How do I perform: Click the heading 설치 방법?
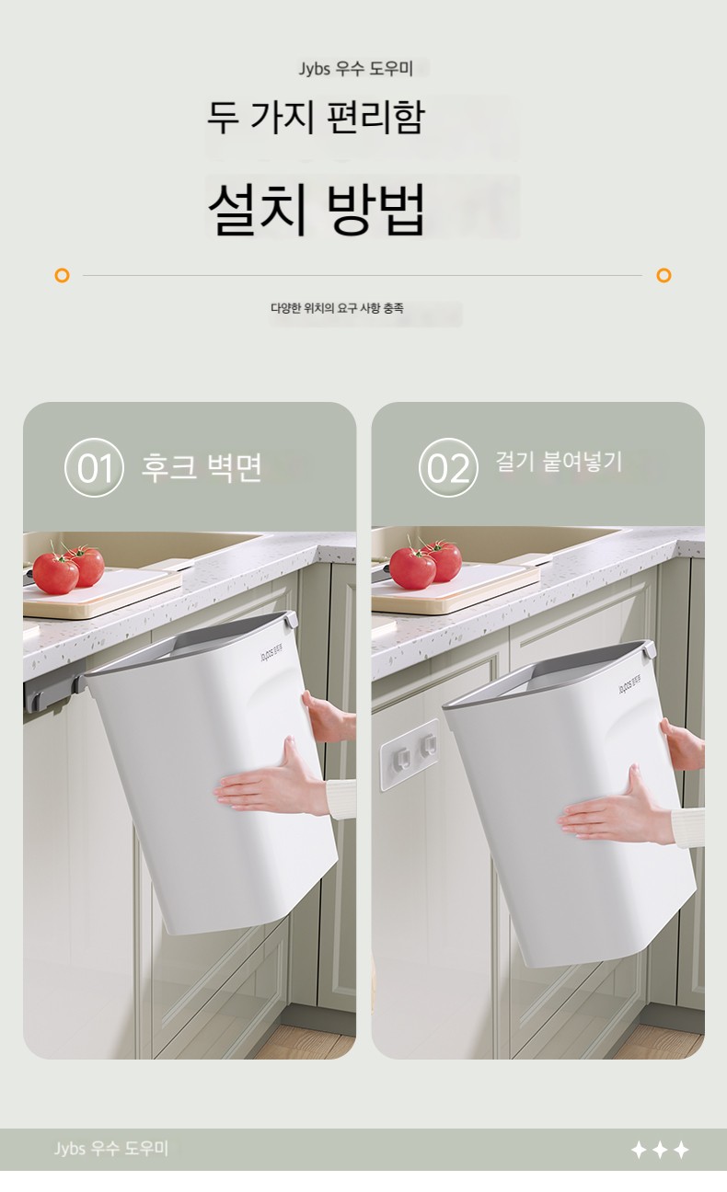click(x=317, y=208)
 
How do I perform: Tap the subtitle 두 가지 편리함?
click(x=316, y=117)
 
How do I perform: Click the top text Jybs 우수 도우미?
click(x=355, y=69)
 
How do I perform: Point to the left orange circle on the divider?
click(x=63, y=275)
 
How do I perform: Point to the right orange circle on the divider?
click(x=664, y=275)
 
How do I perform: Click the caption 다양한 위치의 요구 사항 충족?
click(x=337, y=308)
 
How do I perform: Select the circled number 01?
click(x=94, y=468)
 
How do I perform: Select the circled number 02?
click(x=448, y=468)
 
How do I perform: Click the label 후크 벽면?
click(x=202, y=468)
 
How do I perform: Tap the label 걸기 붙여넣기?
click(x=559, y=461)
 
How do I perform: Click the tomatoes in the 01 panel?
click(x=68, y=568)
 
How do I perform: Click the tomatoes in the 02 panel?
click(x=424, y=564)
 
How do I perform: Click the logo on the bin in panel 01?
click(x=271, y=653)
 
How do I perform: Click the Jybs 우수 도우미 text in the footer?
click(x=111, y=1149)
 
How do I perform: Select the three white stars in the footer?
click(x=660, y=1150)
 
